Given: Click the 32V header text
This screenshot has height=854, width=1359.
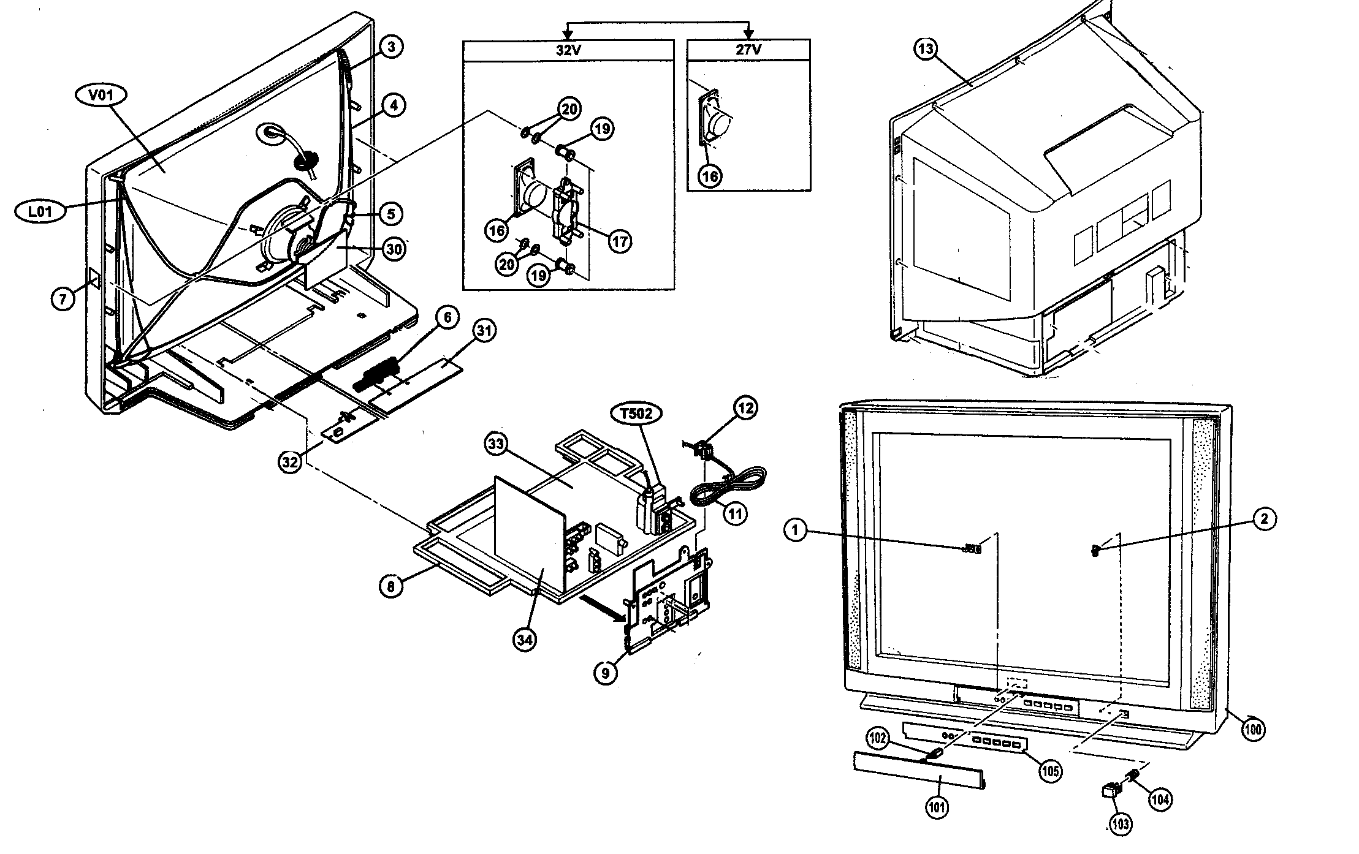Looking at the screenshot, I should pos(568,51).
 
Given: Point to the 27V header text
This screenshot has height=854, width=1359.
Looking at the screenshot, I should pos(748,51).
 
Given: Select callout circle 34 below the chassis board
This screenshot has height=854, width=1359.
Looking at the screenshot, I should pos(525,640).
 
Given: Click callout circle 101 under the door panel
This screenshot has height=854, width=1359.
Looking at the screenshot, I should pos(937,807).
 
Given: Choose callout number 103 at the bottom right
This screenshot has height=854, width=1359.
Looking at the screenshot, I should pos(1121,824).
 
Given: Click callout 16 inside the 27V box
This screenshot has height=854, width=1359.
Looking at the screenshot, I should pos(710,176).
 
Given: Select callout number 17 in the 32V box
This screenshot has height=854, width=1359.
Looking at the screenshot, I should pos(620,241).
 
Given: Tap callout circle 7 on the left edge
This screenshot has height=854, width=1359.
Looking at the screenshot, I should pos(63,299).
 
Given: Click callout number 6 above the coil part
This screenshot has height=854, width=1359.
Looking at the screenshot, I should pos(447,317).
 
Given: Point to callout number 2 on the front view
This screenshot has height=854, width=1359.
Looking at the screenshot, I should pos(1263,519).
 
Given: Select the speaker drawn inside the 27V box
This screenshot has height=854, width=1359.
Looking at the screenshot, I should pos(714,119).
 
